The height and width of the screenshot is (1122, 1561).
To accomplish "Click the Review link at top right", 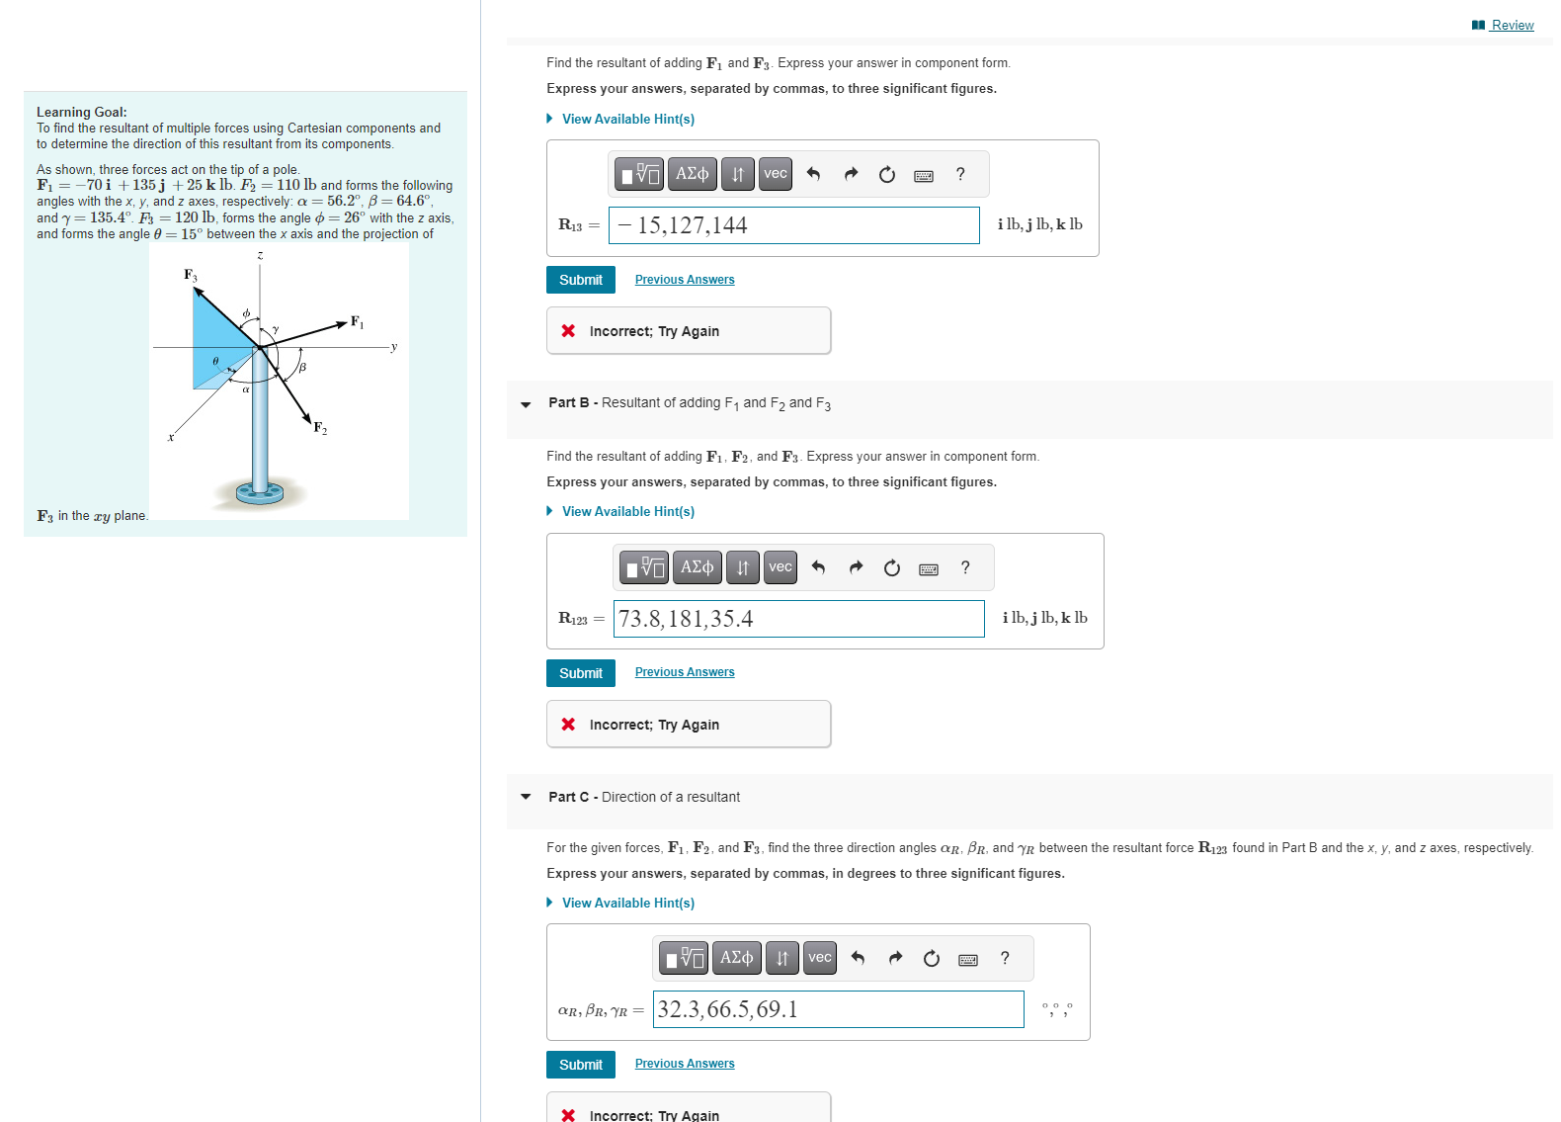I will click(1511, 25).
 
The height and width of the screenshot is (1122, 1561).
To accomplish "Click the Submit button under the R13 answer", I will click(580, 280).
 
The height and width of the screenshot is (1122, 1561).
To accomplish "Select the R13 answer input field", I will click(793, 225).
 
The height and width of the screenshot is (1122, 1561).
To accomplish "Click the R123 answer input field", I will click(798, 619).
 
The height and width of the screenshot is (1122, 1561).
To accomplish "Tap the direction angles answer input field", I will click(838, 1009).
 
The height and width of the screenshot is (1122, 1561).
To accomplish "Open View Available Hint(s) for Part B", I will click(627, 511).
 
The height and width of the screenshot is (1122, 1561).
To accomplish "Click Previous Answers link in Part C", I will click(684, 1064).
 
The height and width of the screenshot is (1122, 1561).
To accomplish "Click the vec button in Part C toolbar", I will click(819, 958).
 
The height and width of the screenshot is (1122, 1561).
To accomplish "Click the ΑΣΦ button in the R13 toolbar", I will click(692, 174).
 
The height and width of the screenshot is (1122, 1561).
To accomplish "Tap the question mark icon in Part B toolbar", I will click(965, 567).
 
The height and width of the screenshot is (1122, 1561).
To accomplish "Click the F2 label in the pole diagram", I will click(320, 427).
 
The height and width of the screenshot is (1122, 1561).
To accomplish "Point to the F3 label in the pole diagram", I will click(190, 275).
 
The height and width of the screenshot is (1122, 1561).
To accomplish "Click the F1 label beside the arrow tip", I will click(357, 322).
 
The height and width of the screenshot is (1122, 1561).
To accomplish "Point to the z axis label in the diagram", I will click(260, 255).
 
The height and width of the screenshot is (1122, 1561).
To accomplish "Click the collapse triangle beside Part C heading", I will click(526, 797).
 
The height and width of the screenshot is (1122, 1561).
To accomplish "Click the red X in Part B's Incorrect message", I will click(568, 725).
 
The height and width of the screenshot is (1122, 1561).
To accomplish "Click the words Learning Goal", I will click(81, 112).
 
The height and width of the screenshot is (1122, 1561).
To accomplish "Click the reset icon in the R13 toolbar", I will click(886, 175).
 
